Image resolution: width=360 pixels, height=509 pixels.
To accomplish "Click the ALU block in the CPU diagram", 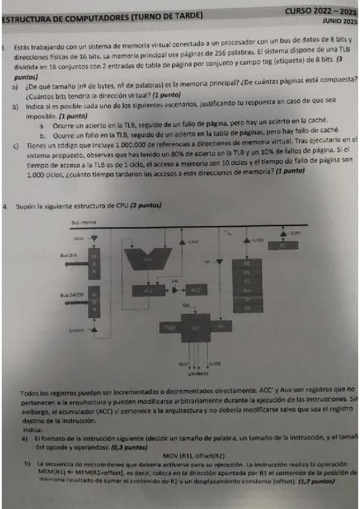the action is tap(146, 258).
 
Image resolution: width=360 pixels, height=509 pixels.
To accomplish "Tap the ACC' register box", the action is tap(196, 290).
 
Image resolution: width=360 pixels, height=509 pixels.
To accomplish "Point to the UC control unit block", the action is tap(194, 327).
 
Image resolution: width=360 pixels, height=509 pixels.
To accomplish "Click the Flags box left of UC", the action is tap(168, 327).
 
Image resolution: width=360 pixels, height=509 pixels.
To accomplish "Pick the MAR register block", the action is tap(94, 264).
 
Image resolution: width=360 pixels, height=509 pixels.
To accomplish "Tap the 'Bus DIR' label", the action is tap(68, 255).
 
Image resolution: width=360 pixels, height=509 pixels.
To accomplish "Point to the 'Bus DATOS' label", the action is tap(70, 295).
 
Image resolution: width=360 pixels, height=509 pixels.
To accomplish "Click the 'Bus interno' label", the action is tap(83, 222).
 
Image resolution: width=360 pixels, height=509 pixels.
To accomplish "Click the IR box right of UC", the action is tap(220, 326).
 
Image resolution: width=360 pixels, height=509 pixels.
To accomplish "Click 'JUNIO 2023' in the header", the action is tap(339, 20).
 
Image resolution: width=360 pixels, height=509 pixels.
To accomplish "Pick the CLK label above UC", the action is tap(187, 305).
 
